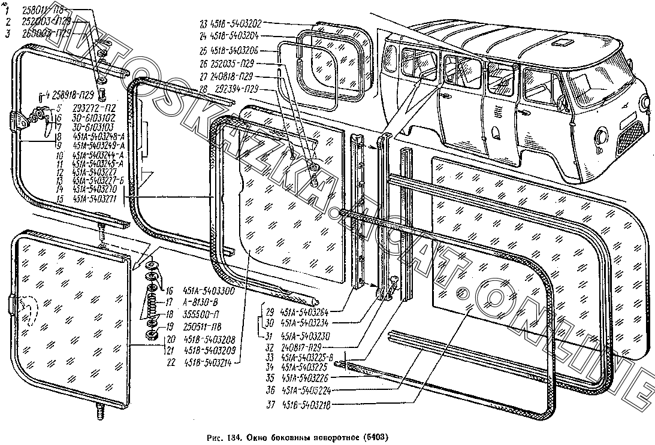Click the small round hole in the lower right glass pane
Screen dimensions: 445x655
point(462,293)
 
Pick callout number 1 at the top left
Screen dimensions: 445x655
point(8,10)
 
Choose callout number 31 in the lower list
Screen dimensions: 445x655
point(269,335)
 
